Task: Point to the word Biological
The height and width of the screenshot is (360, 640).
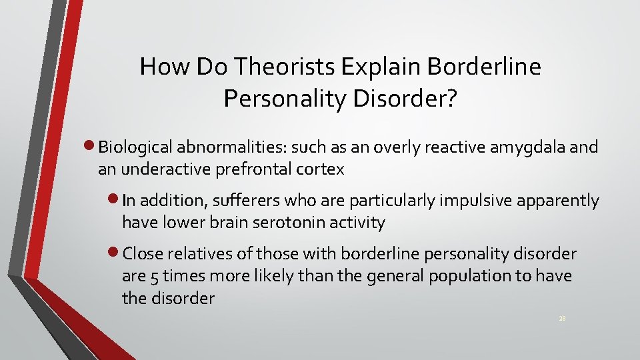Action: [x=135, y=147]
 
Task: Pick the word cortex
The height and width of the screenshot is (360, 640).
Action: [x=321, y=169]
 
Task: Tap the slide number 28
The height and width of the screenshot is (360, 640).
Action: [x=563, y=319]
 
